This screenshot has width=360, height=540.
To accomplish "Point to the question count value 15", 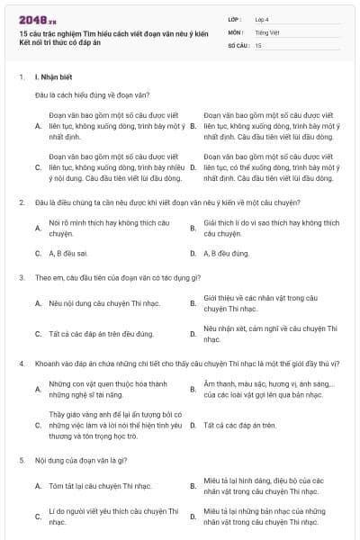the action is [x=258, y=44].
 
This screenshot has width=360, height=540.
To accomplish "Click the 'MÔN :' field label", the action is [x=235, y=31].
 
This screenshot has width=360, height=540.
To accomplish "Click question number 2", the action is [x=21, y=202].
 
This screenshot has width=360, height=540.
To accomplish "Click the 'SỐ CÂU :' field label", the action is [x=238, y=44].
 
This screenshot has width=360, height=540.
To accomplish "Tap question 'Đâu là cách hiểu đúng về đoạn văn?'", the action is [x=92, y=94].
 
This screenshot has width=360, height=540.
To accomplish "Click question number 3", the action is [x=21, y=277].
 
